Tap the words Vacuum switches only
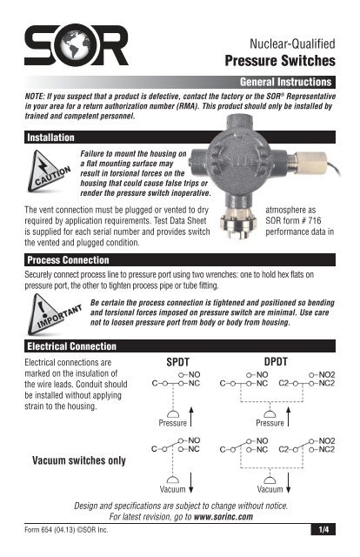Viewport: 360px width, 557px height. (x=77, y=460)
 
